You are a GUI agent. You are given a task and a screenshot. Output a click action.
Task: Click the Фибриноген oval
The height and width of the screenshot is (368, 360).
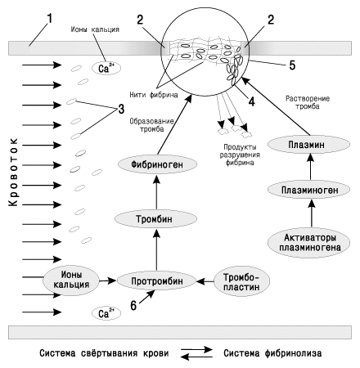[x=157, y=164]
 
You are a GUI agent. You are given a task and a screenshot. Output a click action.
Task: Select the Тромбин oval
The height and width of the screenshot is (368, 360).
[x=155, y=219]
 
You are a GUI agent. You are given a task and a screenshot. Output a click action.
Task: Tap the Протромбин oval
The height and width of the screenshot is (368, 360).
[x=157, y=281]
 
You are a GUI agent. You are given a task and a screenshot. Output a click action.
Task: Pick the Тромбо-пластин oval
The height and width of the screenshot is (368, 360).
[x=241, y=281]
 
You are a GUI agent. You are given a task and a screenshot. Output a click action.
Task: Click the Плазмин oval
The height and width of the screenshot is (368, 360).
[x=308, y=145]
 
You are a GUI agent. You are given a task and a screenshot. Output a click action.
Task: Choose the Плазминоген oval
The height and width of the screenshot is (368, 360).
[x=308, y=190]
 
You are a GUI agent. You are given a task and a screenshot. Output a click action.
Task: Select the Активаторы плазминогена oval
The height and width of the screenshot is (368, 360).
[x=309, y=242]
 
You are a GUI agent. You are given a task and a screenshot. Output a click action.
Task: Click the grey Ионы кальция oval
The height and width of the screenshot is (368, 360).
[x=71, y=280]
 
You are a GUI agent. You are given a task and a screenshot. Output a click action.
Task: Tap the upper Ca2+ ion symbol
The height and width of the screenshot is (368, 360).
[x=106, y=68]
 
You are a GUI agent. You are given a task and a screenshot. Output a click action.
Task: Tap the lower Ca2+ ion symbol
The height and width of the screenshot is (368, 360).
[x=106, y=313]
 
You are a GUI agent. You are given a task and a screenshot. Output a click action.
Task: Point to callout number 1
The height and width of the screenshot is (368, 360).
[x=49, y=19]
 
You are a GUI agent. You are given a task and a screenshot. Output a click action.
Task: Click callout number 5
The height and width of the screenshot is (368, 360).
[x=292, y=65]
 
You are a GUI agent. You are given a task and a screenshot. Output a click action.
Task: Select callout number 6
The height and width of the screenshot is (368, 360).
[x=133, y=306]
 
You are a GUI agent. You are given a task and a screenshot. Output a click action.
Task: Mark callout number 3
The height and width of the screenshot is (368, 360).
[x=121, y=109]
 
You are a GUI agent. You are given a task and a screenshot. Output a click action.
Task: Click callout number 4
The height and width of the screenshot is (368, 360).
[x=251, y=101]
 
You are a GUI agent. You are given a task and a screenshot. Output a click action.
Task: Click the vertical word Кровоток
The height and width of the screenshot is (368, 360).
[x=13, y=172]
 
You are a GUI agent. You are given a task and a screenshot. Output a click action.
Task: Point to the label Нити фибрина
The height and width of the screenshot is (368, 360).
[x=154, y=95]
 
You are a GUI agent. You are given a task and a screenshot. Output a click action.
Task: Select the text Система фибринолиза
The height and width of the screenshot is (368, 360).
[x=272, y=353]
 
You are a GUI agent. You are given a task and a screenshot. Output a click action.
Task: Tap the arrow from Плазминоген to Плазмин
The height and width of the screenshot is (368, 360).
[x=311, y=167]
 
